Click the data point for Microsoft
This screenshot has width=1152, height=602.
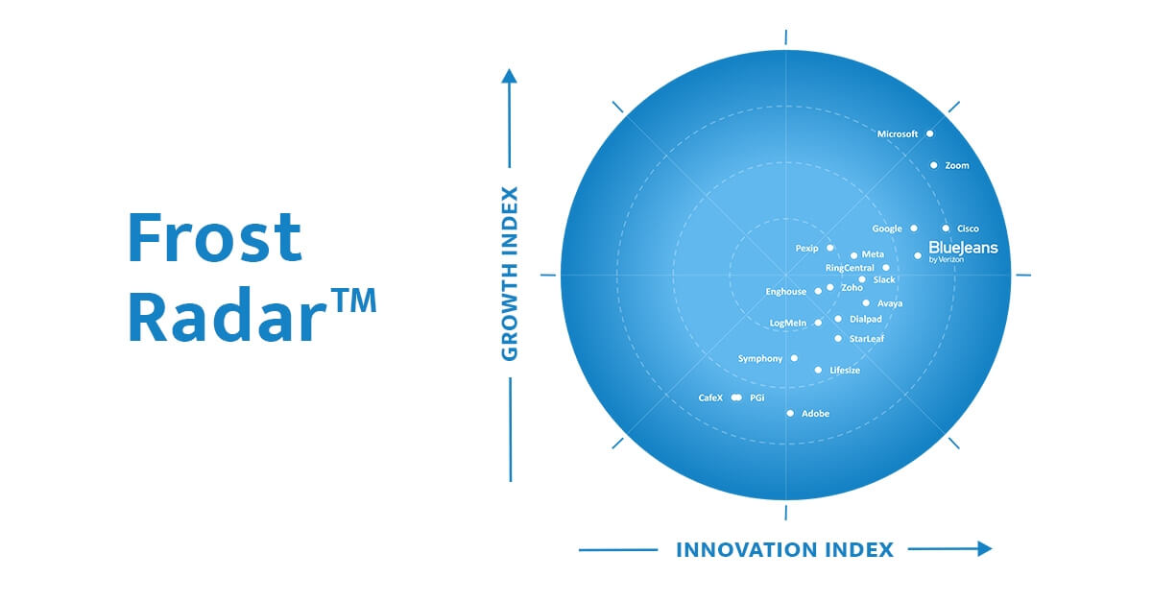click(x=929, y=133)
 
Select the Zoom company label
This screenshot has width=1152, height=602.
click(x=957, y=166)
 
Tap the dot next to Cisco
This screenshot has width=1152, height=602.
click(x=946, y=229)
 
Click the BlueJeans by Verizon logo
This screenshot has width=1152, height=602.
click(x=963, y=251)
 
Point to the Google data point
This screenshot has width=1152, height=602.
click(x=914, y=229)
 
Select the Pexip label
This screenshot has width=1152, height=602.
click(x=806, y=248)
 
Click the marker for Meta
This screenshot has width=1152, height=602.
click(x=853, y=255)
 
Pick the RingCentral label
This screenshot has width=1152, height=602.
click(x=850, y=268)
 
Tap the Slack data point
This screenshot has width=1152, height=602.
click(x=862, y=280)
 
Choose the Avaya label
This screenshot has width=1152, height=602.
click(x=890, y=303)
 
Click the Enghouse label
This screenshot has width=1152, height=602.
click(x=785, y=292)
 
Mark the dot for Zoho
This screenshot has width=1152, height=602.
click(x=830, y=287)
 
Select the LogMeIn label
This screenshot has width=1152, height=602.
click(x=788, y=324)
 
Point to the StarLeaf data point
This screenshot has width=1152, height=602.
click(x=838, y=339)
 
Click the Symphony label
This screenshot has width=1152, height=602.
click(x=760, y=358)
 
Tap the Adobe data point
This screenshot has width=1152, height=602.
click(x=790, y=413)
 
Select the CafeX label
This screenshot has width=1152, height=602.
click(x=710, y=397)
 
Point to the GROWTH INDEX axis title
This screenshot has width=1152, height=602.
click(x=510, y=274)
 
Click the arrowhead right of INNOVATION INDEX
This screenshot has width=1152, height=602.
click(x=984, y=549)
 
